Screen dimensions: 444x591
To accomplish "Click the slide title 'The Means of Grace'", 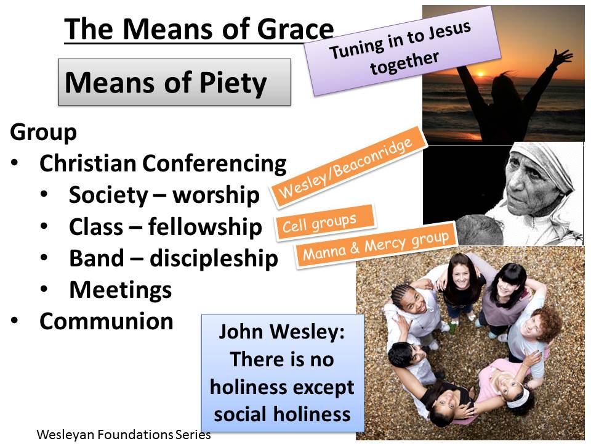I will [199, 28].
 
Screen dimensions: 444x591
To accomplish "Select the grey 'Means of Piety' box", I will [174, 82].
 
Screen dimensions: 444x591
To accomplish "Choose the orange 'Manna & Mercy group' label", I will [376, 245].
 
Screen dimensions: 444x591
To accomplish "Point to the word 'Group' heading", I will [43, 132].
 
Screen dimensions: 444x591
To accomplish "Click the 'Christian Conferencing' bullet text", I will [163, 163].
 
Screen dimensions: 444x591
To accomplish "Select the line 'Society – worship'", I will [164, 195].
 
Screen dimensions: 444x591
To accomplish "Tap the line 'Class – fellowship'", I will [165, 227].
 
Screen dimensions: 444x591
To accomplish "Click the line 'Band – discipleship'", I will [173, 258].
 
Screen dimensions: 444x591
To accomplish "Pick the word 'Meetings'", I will [121, 289].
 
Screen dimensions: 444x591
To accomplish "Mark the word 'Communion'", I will [107, 321].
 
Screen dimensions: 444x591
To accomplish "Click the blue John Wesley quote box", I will [283, 373].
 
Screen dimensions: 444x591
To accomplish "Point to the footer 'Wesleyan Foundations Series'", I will [124, 434].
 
